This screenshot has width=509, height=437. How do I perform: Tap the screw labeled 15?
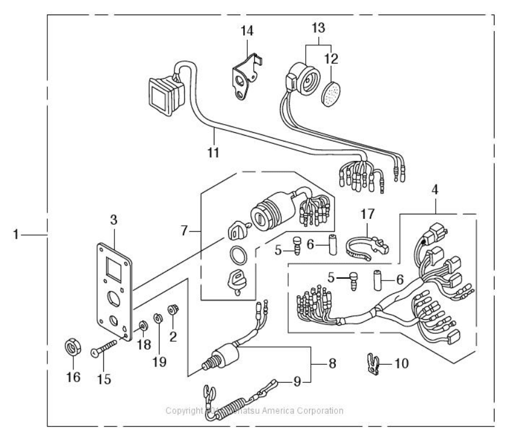(105, 350)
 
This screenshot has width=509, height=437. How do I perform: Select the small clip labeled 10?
(372, 365)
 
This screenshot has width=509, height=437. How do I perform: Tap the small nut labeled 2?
(172, 311)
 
